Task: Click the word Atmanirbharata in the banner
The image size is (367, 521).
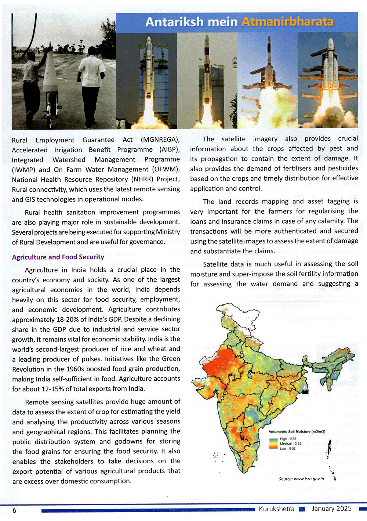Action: (x=287, y=22)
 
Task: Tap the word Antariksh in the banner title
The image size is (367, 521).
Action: (x=173, y=22)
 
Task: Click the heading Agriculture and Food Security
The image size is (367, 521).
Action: (x=58, y=257)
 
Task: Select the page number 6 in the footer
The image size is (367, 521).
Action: (x=14, y=510)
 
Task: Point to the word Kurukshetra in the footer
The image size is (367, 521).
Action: (x=276, y=509)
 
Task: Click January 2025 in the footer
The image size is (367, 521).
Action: (x=332, y=509)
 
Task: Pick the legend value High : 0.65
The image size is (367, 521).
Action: (x=288, y=439)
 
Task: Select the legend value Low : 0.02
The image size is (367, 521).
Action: (x=288, y=448)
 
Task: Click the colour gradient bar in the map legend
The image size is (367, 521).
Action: (x=273, y=444)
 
